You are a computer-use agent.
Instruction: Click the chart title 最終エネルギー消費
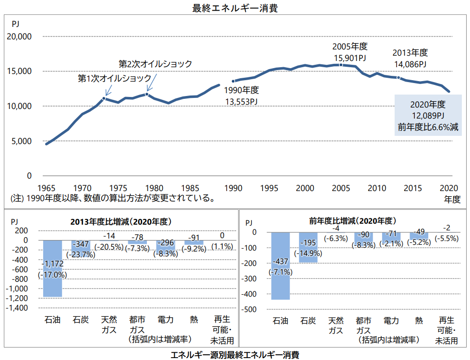[x=234, y=8]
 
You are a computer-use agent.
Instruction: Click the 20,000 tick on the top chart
[x=19, y=36]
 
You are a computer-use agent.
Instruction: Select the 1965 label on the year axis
[x=46, y=188]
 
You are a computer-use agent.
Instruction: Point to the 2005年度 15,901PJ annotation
[x=350, y=52]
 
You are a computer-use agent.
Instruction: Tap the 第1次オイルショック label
[x=114, y=78]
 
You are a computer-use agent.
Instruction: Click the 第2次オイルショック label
[x=155, y=64]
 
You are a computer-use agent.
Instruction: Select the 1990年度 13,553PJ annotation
[x=241, y=96]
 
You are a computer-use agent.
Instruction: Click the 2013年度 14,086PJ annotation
[x=410, y=58]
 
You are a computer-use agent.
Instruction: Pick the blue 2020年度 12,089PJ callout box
[x=428, y=115]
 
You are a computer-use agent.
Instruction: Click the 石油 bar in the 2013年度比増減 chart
[x=53, y=268]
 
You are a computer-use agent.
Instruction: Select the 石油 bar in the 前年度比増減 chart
[x=280, y=266]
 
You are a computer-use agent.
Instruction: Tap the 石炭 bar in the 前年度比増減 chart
[x=308, y=247]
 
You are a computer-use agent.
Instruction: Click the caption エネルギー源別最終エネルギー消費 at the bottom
[x=235, y=355]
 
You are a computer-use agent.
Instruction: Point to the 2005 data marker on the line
[x=341, y=65]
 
